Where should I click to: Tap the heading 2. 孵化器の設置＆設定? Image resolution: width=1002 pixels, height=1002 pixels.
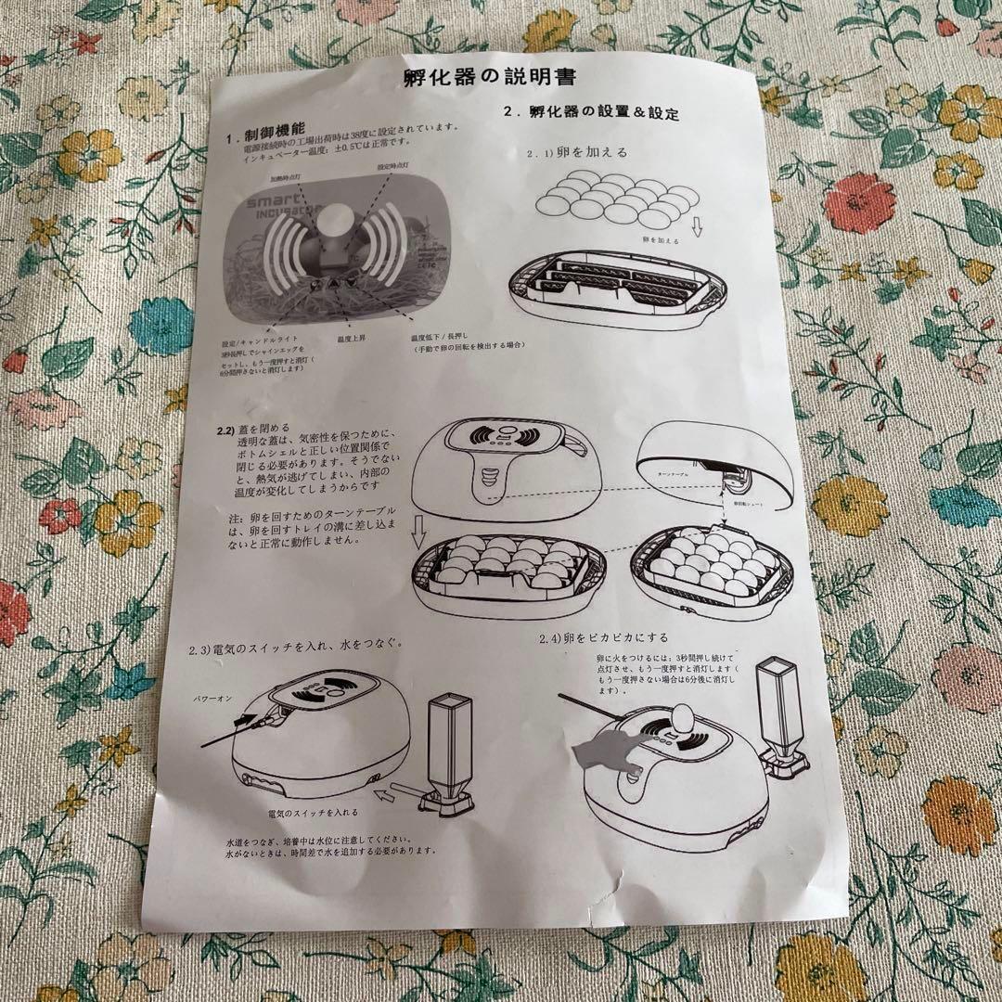[x=590, y=112]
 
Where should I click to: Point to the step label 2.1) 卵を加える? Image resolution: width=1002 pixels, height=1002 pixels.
[x=577, y=152]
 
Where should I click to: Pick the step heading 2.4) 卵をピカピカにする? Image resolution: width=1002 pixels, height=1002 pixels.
[x=604, y=640]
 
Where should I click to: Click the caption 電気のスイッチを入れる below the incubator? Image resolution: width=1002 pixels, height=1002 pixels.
[x=308, y=813]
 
